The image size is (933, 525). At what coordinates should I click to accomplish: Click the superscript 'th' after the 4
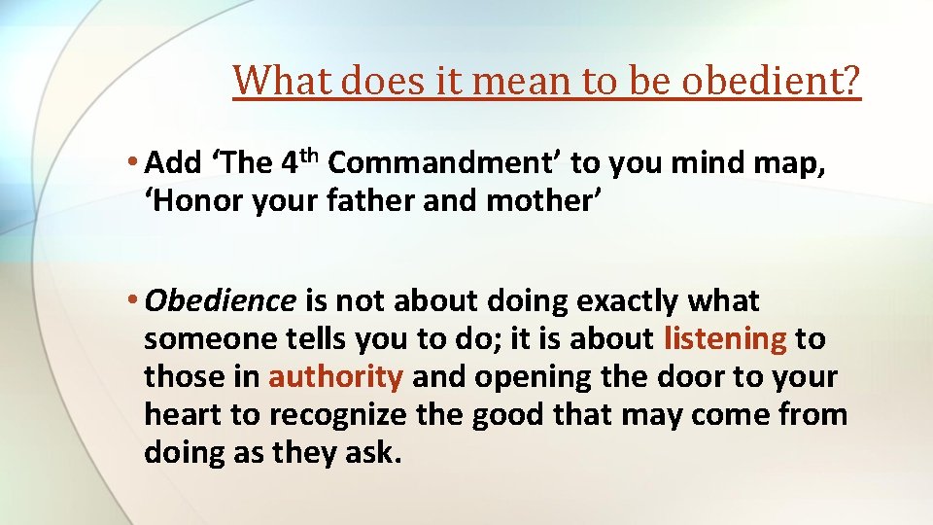coord(310,155)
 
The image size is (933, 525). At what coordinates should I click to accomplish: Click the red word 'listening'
coord(725,339)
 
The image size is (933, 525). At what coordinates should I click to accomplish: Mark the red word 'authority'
coord(335,377)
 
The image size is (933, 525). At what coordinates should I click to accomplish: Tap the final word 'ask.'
coord(374,453)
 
